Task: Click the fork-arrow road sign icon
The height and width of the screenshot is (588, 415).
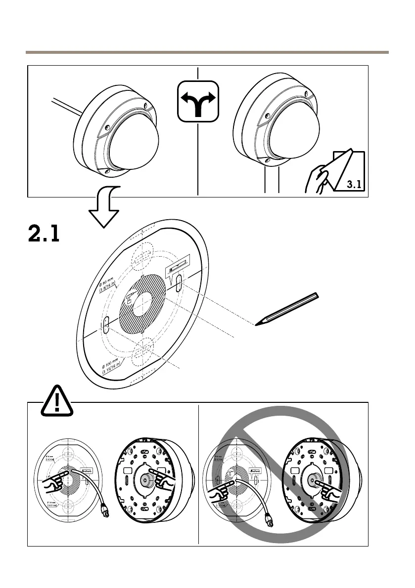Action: pos(197,101)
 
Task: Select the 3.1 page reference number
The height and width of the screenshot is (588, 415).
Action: pos(354,185)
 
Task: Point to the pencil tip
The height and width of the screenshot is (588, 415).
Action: pos(257,324)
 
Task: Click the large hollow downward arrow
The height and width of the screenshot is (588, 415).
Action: pos(104,207)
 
